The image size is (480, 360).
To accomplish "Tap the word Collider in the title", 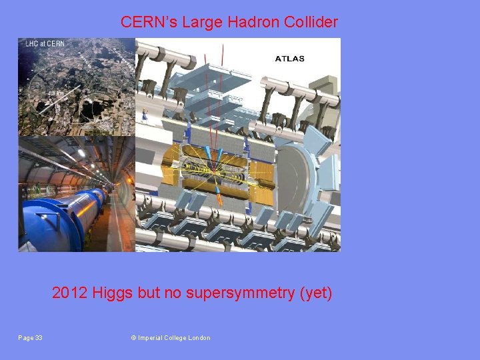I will [311, 22].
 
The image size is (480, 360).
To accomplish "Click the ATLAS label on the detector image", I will [289, 59].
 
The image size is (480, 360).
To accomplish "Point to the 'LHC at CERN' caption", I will [44, 45].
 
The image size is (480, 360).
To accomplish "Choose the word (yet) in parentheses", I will [317, 293].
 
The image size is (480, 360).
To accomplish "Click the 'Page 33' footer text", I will [30, 338].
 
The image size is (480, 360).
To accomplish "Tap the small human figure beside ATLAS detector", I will [144, 115].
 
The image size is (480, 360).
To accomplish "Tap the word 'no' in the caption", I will [167, 293].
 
